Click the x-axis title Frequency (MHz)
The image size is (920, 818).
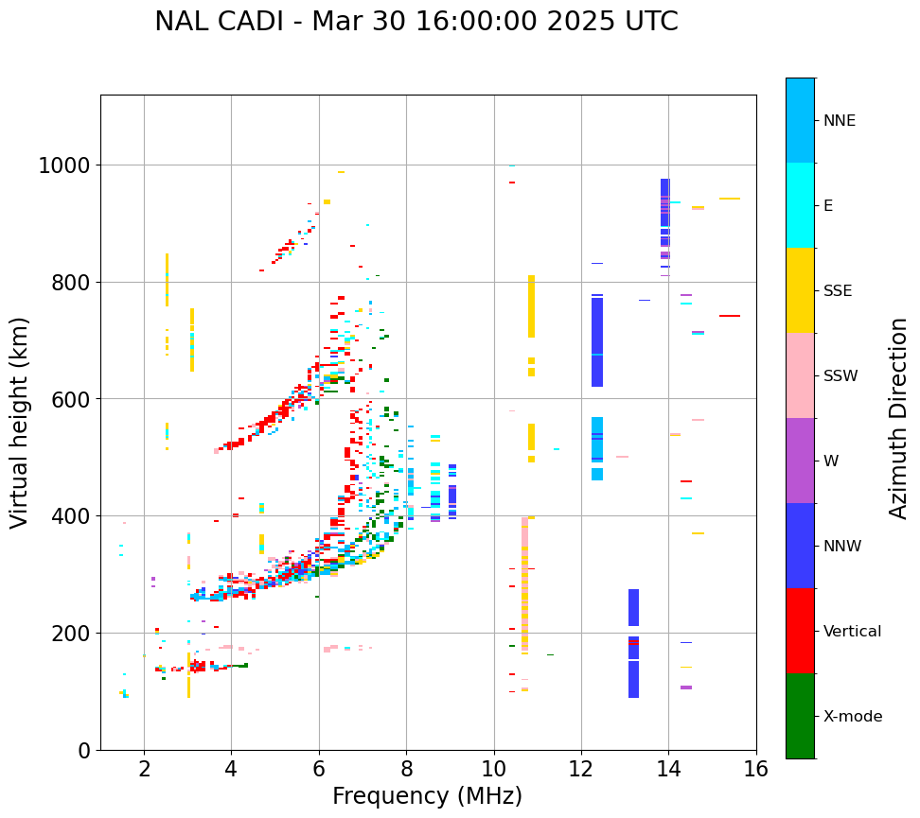click(x=427, y=796)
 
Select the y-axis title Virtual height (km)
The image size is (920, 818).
click(x=21, y=423)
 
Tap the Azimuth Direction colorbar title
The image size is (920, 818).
click(x=898, y=418)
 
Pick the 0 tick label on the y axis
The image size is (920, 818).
click(x=83, y=750)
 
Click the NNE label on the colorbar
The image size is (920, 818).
click(x=840, y=121)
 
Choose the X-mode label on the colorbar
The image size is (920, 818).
click(x=853, y=717)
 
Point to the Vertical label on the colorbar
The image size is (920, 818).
click(x=852, y=632)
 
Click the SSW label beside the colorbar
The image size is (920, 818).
click(x=840, y=376)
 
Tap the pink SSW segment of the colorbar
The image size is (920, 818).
click(x=800, y=375)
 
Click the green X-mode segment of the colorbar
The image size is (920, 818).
click(x=800, y=716)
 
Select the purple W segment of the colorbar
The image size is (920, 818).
click(x=800, y=461)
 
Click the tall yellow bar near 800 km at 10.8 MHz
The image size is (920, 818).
click(x=531, y=306)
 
